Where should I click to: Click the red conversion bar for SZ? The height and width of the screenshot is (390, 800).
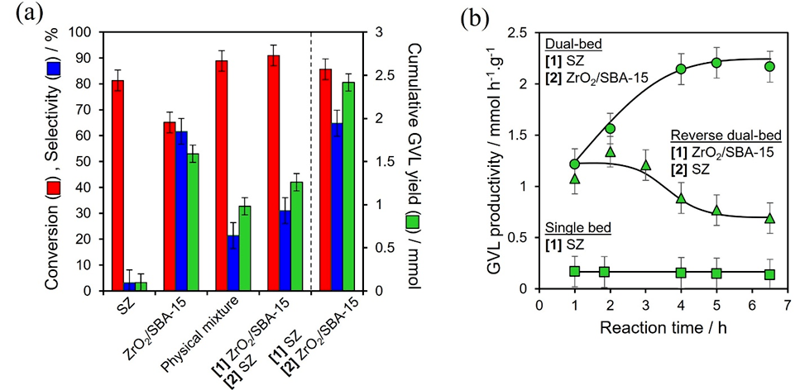(x=118, y=185)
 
